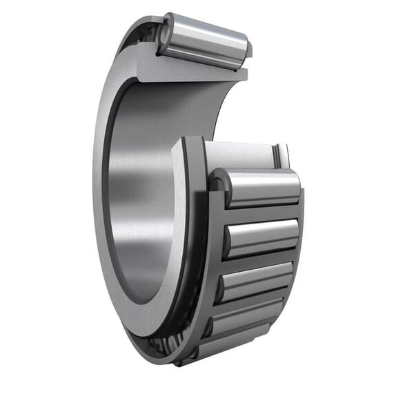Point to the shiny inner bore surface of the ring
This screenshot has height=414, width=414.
coord(138,207)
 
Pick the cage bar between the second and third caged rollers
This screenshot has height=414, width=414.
coord(259,259)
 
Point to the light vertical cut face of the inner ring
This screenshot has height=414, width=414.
coord(179,228)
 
